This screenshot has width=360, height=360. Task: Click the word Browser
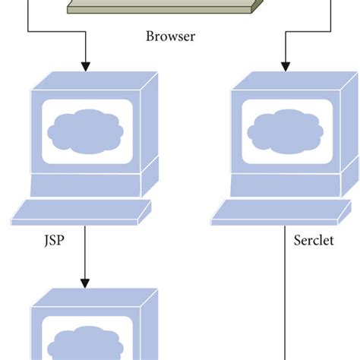coord(170,36)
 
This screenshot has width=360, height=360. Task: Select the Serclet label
coord(314,242)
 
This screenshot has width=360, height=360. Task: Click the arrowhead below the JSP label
coord(84,280)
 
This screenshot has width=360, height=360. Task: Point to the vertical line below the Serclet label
coord(286,304)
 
